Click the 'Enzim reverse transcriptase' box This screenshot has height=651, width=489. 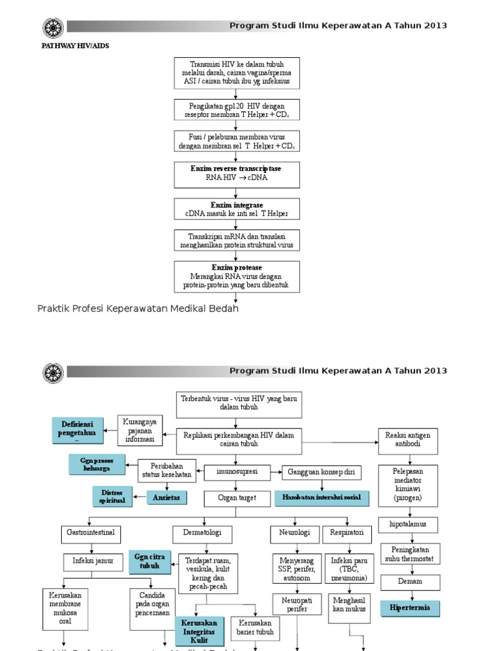(236, 174)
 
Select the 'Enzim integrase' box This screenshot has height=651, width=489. (236, 210)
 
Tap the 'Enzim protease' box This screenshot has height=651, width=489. (236, 277)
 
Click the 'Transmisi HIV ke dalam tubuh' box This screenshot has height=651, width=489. (236, 73)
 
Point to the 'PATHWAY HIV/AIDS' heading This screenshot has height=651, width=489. (71, 46)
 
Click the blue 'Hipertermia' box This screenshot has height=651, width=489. (409, 608)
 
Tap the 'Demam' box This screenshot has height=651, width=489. (410, 581)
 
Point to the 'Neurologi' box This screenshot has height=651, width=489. (294, 532)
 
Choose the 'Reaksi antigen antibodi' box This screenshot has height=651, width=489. (408, 439)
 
